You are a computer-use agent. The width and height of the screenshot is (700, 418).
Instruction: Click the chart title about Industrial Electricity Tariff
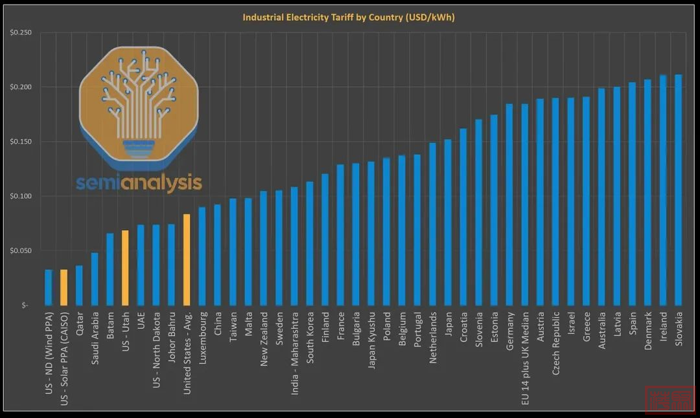[349, 17]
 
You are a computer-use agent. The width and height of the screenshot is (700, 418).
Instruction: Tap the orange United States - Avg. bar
[187, 259]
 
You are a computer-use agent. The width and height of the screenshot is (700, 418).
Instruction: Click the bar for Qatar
[79, 285]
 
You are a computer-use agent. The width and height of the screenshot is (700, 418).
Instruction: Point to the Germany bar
[509, 204]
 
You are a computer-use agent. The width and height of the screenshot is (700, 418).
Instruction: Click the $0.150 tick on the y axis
[22, 142]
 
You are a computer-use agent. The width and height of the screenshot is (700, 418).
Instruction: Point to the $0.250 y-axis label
[22, 32]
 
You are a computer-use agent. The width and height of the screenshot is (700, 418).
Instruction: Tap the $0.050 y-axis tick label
[22, 250]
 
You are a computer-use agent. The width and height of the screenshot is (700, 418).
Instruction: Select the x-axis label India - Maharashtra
[294, 350]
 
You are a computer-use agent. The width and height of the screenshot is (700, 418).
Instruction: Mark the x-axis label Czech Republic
[555, 344]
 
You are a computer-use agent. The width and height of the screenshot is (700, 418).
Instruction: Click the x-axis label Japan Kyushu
[371, 340]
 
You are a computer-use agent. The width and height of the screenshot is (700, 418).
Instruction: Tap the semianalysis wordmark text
[139, 182]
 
